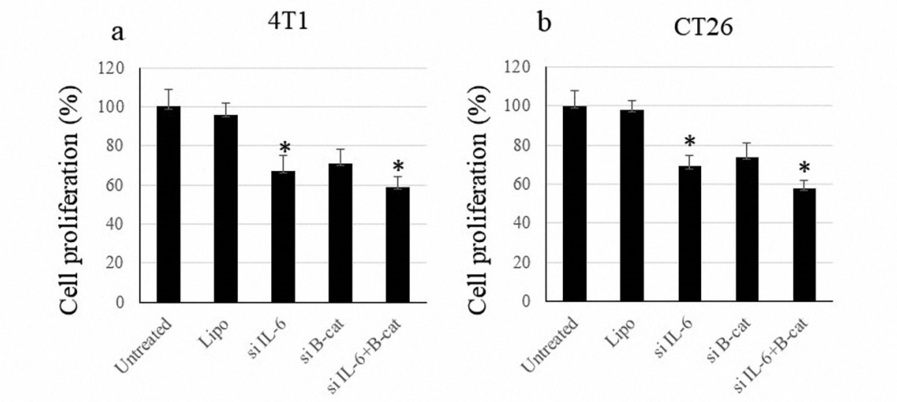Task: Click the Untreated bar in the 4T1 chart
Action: click(168, 204)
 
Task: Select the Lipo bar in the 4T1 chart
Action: click(226, 208)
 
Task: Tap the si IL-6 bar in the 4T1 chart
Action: click(283, 236)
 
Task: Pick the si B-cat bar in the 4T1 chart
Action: click(340, 232)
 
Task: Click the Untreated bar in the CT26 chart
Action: click(575, 203)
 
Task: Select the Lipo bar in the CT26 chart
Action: click(632, 205)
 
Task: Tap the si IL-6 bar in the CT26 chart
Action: click(689, 233)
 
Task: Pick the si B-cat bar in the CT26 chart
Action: click(747, 229)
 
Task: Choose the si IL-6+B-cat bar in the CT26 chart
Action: click(804, 244)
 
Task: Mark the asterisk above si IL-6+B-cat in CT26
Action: click(804, 168)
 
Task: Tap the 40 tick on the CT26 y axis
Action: click(521, 223)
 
